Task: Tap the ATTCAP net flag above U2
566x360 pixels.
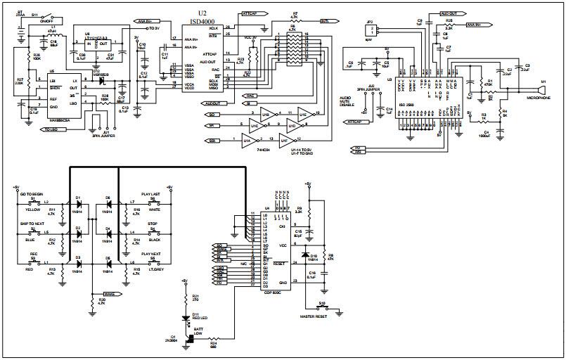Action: tap(253, 13)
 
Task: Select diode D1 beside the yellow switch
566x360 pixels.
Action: tap(79, 206)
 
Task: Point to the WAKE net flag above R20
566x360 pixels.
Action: tap(109, 293)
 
